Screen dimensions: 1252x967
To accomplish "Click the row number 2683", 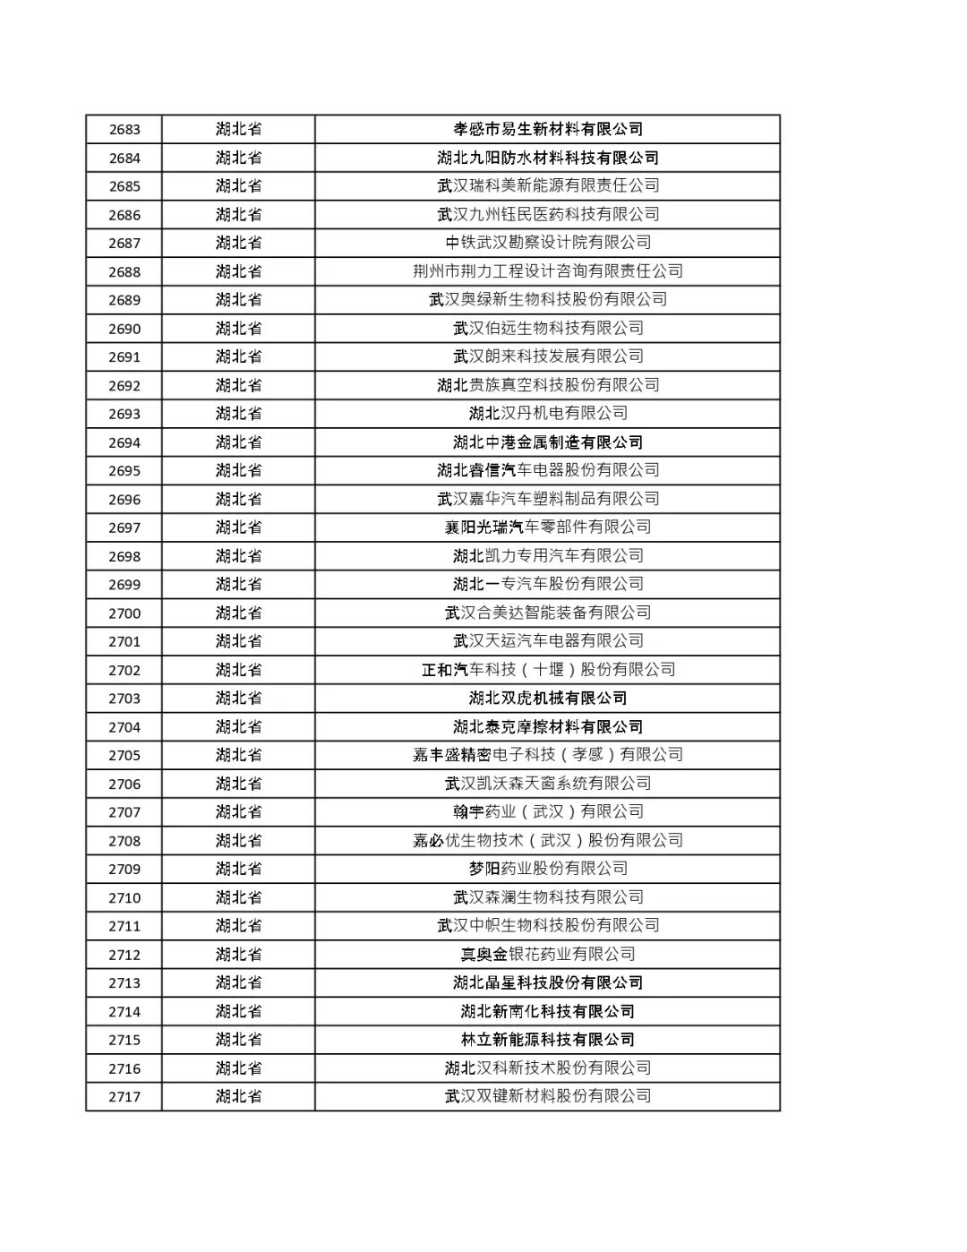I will [124, 130].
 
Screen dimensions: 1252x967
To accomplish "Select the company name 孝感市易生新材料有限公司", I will [548, 130].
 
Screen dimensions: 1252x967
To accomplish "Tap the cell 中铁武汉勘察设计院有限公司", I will [548, 243].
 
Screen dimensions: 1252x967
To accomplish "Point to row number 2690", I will [124, 329].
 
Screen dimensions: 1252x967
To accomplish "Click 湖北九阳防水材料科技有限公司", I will [548, 158].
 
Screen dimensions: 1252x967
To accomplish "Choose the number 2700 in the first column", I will [124, 613].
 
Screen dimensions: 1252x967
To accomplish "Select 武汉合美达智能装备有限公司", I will [548, 613].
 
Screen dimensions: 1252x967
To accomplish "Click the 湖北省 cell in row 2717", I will [238, 1096].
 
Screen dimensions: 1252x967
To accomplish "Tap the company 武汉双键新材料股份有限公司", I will [548, 1096].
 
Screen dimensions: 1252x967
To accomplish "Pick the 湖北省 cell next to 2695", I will [238, 470].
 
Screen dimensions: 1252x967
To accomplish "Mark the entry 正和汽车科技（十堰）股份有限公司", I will [548, 670].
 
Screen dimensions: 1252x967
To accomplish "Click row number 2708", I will [124, 841].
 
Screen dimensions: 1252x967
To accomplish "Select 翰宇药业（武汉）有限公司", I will [548, 811].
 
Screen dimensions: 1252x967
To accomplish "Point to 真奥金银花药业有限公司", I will [548, 954].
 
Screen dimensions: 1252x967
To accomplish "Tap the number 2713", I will [124, 982].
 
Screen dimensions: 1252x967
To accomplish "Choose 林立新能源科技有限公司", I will [548, 1040].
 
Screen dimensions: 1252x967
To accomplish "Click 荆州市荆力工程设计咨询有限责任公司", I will [548, 271].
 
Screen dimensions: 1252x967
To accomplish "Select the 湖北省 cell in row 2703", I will [238, 699].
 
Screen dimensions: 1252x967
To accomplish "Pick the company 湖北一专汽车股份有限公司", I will [548, 584].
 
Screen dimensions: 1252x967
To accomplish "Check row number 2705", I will [124, 755].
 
